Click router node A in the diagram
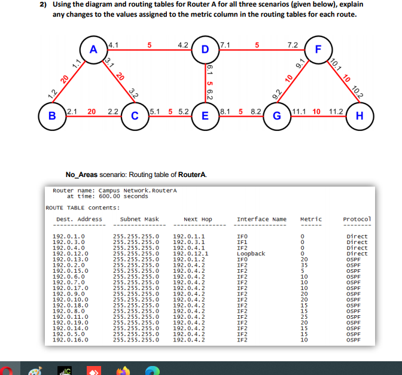coord(93,50)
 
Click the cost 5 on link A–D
coord(150,45)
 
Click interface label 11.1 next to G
coord(300,111)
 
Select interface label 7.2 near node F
coord(293,45)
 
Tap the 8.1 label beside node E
coord(227,111)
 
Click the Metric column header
coord(310,219)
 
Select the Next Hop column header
coord(199,219)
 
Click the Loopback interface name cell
coord(251,254)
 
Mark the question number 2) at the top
coord(44,5)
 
